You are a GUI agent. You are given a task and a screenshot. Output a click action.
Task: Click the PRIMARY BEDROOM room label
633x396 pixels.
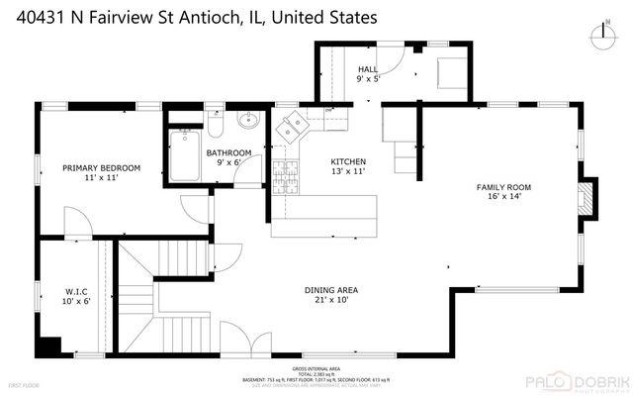coord(102,168)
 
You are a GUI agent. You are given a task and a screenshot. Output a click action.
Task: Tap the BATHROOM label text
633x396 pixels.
coord(228,152)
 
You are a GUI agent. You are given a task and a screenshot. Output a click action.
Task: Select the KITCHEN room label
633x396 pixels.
coord(348,161)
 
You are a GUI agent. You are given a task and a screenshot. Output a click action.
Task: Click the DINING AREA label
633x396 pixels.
coord(330,289)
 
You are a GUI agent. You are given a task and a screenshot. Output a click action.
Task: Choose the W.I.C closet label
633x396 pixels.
coord(78,291)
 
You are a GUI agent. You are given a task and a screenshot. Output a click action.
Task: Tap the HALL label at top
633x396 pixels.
coord(368,69)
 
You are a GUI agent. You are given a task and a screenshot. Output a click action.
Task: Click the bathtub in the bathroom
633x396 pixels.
coord(183,156)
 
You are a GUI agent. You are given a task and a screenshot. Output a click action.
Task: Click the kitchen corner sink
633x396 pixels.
coord(293,126)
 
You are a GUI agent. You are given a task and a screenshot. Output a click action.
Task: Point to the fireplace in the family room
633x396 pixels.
coord(588,197)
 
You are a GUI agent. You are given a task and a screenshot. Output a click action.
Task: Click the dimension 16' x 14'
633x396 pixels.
coord(504,196)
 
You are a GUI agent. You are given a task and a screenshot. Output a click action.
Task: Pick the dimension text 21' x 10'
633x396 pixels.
coord(330,299)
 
